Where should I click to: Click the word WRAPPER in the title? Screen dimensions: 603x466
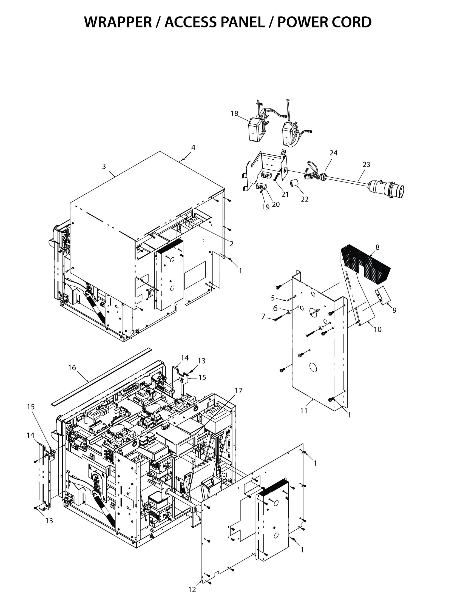pos(118,22)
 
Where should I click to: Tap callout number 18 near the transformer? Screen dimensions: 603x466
pos(234,113)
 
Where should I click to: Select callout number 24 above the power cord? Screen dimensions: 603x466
pos(334,153)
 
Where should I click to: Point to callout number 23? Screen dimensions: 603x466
pos(366,164)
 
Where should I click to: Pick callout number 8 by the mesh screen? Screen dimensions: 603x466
pos(377,248)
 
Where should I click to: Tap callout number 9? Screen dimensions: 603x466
pos(394,310)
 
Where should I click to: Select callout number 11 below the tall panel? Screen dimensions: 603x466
pos(304,411)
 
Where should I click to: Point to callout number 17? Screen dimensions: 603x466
pos(238,390)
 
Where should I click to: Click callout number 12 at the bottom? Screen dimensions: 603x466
pos(192,590)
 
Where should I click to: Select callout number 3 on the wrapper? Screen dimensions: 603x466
pos(104,166)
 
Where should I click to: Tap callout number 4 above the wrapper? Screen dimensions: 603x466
pos(193,148)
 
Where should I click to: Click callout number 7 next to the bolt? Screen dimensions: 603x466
pos(263,317)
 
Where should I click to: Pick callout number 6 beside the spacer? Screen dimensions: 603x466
pos(275,308)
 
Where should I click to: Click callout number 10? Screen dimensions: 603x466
pos(377,329)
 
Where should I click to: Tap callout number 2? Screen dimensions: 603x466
pos(231,243)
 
